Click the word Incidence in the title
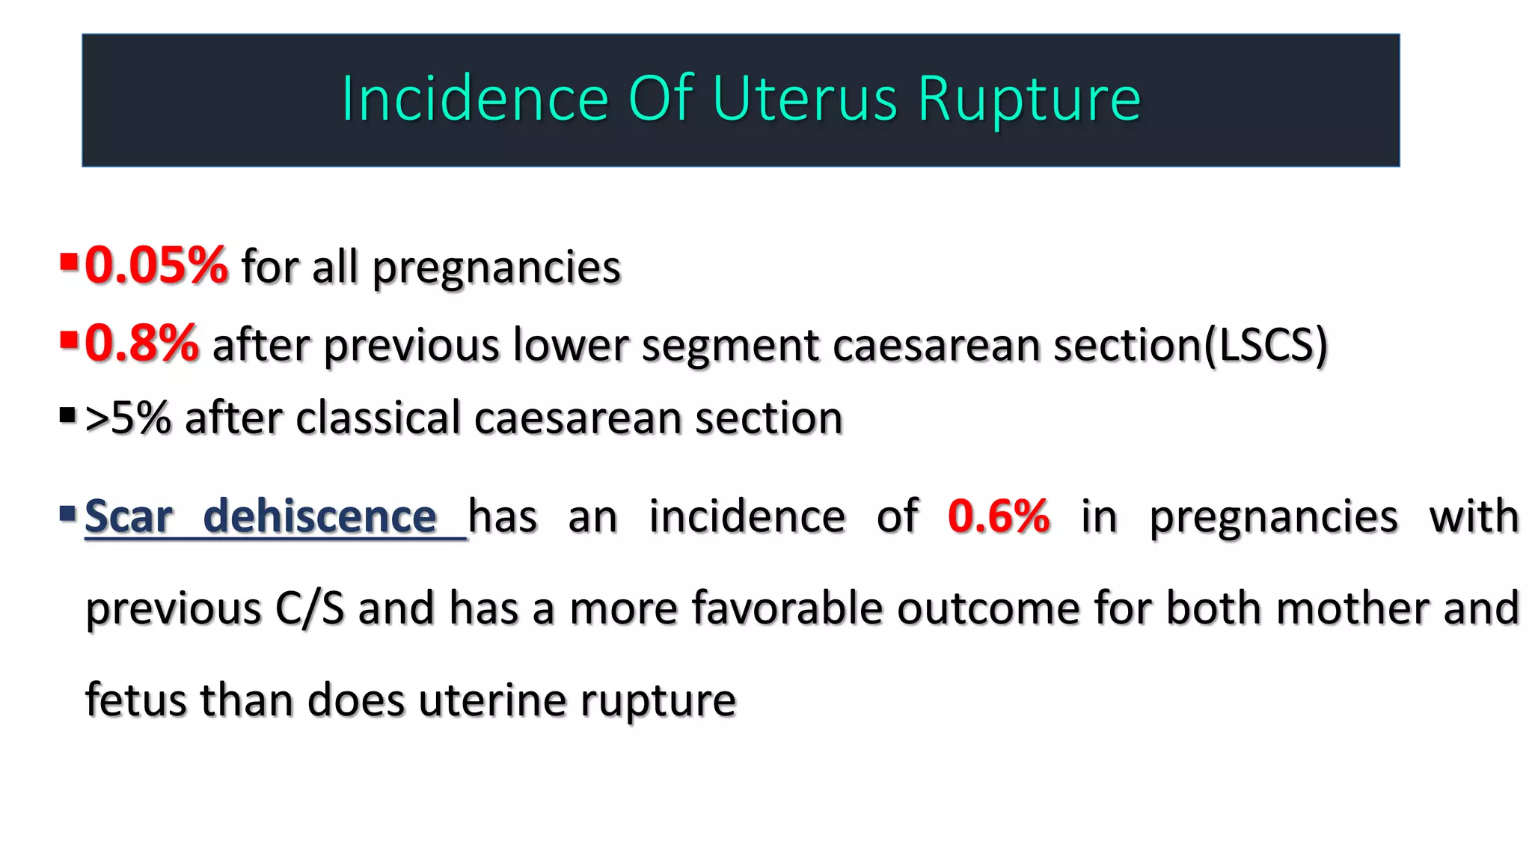point(475,99)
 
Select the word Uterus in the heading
point(804,99)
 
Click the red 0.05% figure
point(156,266)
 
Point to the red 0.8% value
point(141,343)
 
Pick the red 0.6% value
point(999,516)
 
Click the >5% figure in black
point(128,418)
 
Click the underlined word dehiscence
point(320,516)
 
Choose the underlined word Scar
point(129,516)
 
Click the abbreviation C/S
point(309,608)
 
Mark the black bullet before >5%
point(68,415)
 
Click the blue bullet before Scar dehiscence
point(68,513)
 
